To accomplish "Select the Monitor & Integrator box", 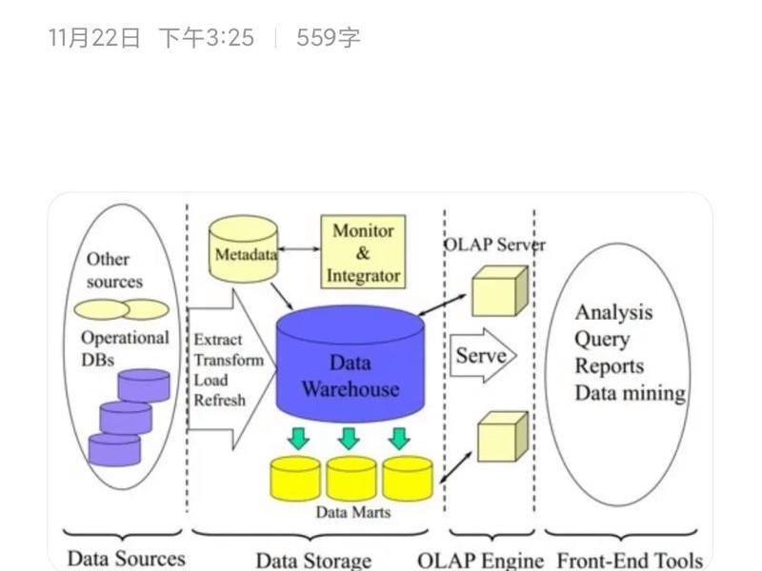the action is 363,252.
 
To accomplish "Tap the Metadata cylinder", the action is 244,249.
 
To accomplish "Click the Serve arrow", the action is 483,355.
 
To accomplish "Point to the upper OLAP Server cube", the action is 500,290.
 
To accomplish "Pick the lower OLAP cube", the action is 503,436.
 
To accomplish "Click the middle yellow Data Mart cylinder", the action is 351,479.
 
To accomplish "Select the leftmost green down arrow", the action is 298,438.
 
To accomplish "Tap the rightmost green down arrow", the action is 399,438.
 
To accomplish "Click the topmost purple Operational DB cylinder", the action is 144,385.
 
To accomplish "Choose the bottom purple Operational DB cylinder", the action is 114,450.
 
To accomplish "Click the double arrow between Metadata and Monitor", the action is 299,249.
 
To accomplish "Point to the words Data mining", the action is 631,393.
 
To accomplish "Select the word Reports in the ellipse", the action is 610,366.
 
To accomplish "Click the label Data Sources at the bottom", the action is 127,559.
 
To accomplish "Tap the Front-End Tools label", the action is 630,561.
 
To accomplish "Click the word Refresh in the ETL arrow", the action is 220,400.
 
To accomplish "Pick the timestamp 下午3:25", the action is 207,38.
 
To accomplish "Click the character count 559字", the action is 328,38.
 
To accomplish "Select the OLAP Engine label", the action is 481,561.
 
